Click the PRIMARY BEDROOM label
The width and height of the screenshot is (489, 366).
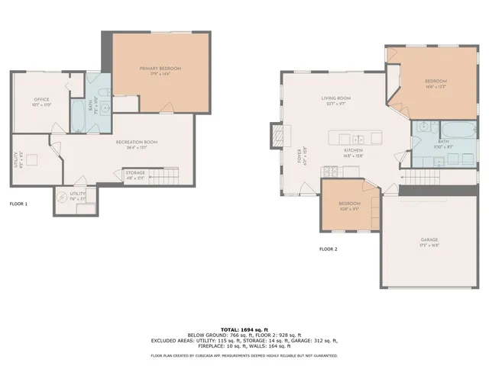pyautogui.click(x=160, y=69)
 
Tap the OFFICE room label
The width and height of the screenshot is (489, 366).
pyautogui.click(x=41, y=100)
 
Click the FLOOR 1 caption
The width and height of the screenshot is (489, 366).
pyautogui.click(x=18, y=204)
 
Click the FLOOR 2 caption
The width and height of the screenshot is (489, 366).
pyautogui.click(x=329, y=249)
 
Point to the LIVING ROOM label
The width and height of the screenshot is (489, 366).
pyautogui.click(x=335, y=98)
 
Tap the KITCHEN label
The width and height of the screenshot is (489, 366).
pyautogui.click(x=352, y=151)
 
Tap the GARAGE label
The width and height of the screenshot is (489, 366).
pyautogui.click(x=429, y=240)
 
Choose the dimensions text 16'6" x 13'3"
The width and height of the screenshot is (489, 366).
pyautogui.click(x=436, y=87)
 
